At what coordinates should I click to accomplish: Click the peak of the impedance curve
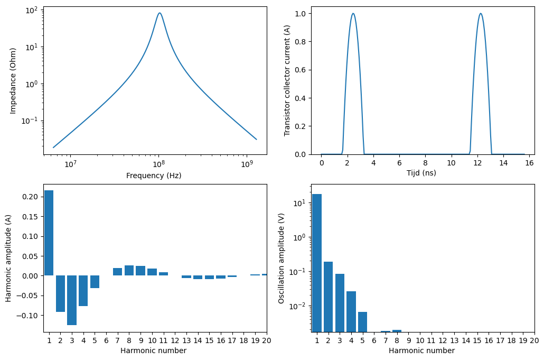click(x=160, y=13)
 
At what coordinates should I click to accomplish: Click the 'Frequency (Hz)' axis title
click(x=154, y=176)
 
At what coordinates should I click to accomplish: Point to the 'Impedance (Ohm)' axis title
click(x=13, y=80)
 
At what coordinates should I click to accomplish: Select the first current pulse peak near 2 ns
click(x=353, y=14)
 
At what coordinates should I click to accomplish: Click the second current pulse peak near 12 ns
click(x=480, y=14)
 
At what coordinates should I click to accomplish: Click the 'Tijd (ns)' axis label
click(x=421, y=173)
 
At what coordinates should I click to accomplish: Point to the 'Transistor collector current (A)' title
click(x=287, y=80)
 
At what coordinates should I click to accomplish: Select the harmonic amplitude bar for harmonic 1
click(x=49, y=233)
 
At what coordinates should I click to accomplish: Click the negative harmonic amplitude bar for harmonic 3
click(x=72, y=300)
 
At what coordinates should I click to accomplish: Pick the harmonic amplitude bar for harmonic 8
click(x=129, y=270)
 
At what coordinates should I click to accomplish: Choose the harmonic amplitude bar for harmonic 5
click(x=95, y=282)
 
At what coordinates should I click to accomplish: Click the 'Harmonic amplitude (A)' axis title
click(x=8, y=258)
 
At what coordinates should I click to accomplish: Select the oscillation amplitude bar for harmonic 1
click(x=317, y=263)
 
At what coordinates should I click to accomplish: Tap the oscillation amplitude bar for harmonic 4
click(x=351, y=311)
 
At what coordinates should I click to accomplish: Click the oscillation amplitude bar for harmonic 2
click(x=328, y=297)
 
